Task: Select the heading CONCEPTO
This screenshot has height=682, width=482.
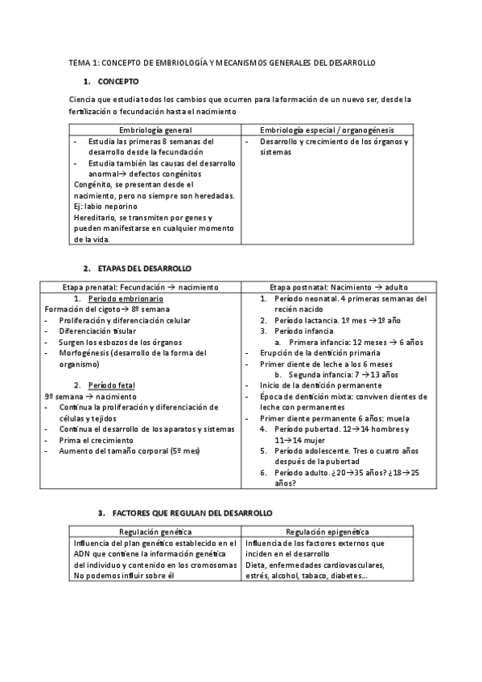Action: (x=118, y=82)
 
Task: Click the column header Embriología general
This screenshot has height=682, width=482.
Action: (x=155, y=129)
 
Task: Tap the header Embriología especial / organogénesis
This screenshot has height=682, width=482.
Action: (x=327, y=129)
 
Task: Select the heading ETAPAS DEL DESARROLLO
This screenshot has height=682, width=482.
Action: (x=145, y=267)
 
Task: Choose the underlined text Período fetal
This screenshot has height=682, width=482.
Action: (x=111, y=385)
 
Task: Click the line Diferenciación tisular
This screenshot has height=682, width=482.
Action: (x=96, y=331)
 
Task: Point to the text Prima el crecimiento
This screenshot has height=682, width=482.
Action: (x=96, y=440)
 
